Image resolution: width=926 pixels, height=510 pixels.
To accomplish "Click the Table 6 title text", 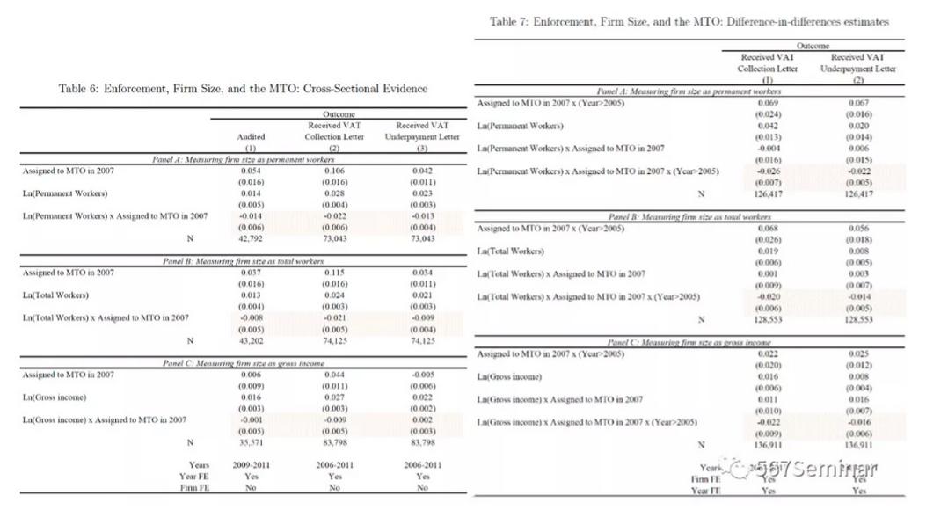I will click(244, 89).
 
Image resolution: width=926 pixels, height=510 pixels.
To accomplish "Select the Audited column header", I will click(252, 137).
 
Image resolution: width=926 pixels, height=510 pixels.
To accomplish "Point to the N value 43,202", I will click(252, 340).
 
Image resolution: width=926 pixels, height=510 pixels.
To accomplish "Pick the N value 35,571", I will click(252, 441).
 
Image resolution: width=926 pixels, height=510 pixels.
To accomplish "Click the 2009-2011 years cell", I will click(252, 463).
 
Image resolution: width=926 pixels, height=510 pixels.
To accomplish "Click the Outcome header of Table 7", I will click(813, 44).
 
